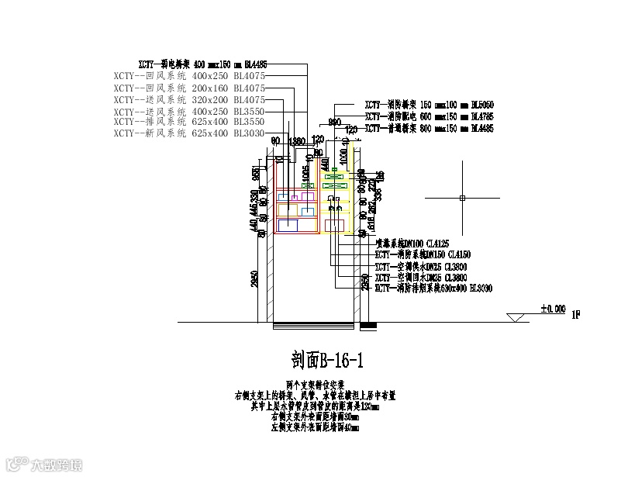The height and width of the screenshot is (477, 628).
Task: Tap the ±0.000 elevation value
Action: click(x=554, y=309)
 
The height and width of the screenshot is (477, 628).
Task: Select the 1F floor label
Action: click(x=575, y=315)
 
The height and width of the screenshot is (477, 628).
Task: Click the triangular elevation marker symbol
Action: click(x=514, y=317)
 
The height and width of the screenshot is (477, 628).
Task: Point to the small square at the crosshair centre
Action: click(x=461, y=199)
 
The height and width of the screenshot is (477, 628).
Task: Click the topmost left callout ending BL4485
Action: click(x=202, y=65)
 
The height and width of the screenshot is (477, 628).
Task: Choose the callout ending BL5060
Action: click(x=430, y=104)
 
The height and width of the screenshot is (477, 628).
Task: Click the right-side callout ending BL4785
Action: click(x=430, y=116)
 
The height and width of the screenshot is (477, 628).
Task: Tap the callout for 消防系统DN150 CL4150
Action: click(x=423, y=254)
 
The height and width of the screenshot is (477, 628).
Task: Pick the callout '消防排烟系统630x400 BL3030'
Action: click(x=433, y=289)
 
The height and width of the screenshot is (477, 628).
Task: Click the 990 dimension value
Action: click(x=335, y=123)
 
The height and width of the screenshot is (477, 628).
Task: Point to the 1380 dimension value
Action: click(x=295, y=142)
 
